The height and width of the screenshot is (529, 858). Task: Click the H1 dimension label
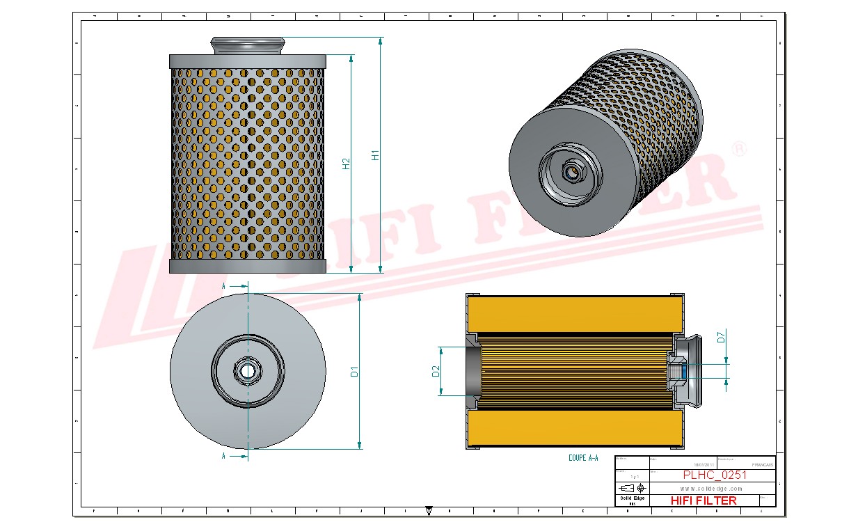[x=375, y=155]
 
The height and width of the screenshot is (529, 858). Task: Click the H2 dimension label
[x=346, y=164]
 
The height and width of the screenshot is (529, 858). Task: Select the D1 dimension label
[x=354, y=372]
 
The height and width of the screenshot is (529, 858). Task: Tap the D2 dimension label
[x=436, y=371]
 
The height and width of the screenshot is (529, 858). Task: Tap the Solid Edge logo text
[x=632, y=498]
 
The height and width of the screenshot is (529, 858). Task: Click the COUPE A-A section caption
[x=583, y=458]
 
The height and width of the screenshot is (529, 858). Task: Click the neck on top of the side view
[x=247, y=46]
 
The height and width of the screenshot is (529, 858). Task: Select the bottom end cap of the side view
[x=247, y=267]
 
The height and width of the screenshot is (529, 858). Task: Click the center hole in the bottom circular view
[x=247, y=370]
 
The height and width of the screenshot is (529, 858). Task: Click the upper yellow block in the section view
[x=574, y=315]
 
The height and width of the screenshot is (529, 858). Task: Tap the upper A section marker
[x=223, y=286]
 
